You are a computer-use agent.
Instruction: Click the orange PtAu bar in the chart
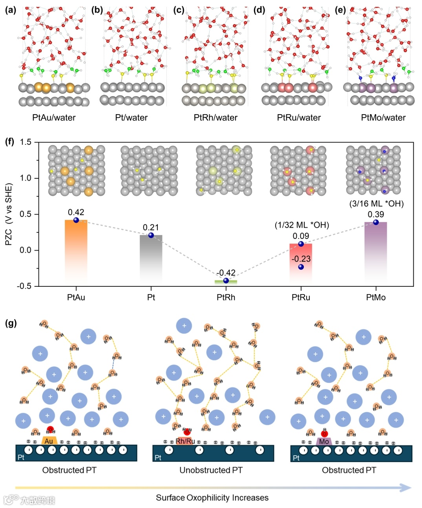[76, 247]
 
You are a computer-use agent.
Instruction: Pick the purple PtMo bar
[376, 251]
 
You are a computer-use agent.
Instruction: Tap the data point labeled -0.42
[226, 280]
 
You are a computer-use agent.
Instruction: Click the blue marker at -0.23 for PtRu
[301, 267]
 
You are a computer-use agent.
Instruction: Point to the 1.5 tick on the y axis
[26, 142]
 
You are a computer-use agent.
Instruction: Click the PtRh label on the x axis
[226, 297]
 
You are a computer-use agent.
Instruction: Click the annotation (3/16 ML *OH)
[376, 204]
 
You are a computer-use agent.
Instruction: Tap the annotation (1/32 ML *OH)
[301, 225]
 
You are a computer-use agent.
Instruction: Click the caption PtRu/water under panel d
[299, 117]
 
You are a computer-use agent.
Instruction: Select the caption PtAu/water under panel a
[54, 117]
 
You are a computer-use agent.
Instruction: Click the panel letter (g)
[11, 323]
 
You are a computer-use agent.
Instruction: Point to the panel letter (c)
[179, 10]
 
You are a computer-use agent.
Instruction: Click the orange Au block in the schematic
[49, 441]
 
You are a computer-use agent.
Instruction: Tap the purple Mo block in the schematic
[324, 441]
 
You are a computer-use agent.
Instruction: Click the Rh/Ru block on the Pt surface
[185, 441]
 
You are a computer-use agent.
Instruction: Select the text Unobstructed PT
[211, 470]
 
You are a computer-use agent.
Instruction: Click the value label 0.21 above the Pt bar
[151, 228]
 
